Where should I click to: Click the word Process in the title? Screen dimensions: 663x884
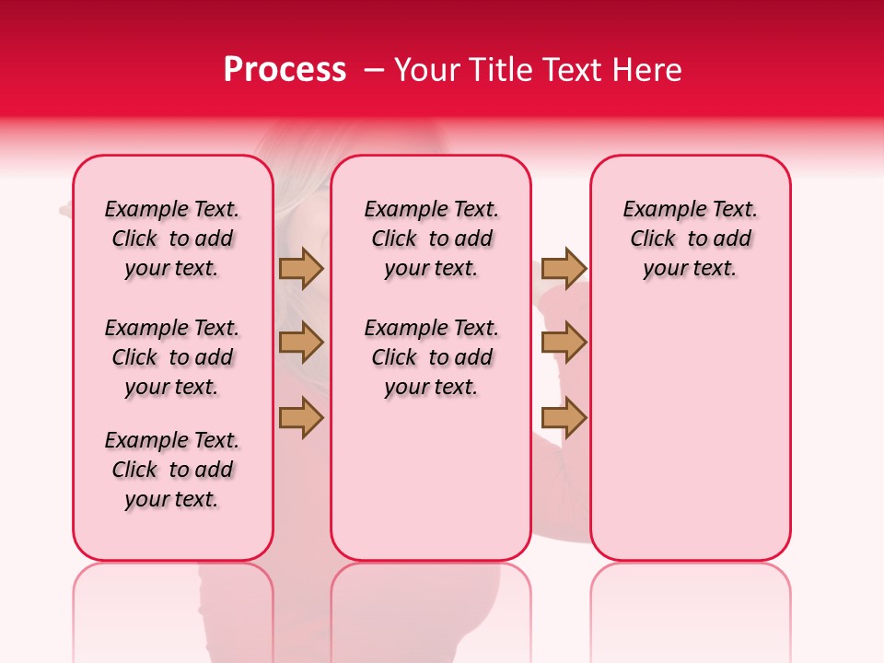pyautogui.click(x=285, y=70)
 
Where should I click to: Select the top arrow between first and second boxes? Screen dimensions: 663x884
pyautogui.click(x=301, y=268)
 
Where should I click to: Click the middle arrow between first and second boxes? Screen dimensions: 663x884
pyautogui.click(x=301, y=343)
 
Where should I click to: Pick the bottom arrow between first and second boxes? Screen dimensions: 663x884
pyautogui.click(x=301, y=418)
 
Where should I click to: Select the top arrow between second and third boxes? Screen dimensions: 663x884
pyautogui.click(x=564, y=268)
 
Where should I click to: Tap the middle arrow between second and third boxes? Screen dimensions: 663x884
pyautogui.click(x=564, y=343)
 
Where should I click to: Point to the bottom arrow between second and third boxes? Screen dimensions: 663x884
pyautogui.click(x=564, y=418)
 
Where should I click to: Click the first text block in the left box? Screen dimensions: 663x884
pyautogui.click(x=172, y=238)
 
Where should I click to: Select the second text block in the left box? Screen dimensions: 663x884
pyautogui.click(x=172, y=357)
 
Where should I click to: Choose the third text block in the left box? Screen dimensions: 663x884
pyautogui.click(x=172, y=470)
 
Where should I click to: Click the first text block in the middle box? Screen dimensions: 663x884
pyautogui.click(x=431, y=238)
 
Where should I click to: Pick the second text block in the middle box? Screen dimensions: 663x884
pyautogui.click(x=431, y=357)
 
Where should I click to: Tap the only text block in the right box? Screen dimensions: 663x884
pyautogui.click(x=690, y=238)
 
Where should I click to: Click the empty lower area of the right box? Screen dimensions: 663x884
pyautogui.click(x=690, y=433)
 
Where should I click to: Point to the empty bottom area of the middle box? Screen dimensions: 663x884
pyautogui.click(x=431, y=488)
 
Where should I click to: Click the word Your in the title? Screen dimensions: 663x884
pyautogui.click(x=427, y=70)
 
